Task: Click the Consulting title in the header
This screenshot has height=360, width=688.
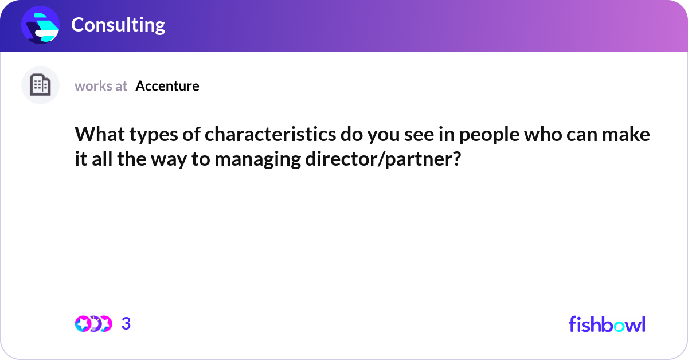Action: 118,25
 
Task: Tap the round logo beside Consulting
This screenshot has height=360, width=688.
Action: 40,25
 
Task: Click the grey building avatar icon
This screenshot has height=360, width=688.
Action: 40,85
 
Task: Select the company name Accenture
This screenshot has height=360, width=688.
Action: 167,86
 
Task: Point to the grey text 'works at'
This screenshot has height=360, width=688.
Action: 101,86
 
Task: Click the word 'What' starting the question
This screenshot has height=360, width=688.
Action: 96,135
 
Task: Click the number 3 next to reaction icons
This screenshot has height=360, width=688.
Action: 126,324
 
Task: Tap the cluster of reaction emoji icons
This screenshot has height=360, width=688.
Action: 93,324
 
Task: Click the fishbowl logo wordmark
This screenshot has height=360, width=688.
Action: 607,324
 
